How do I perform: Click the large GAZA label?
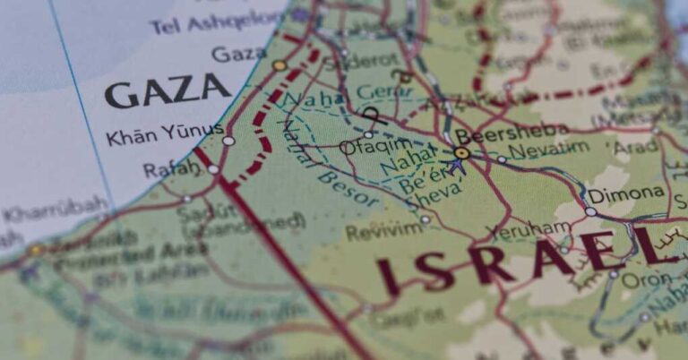(x=168, y=90)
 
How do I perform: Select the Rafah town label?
(x=171, y=167)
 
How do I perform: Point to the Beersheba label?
(x=512, y=133)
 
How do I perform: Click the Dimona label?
(x=627, y=193)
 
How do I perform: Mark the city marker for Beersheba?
(x=462, y=153)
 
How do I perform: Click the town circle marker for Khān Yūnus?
(x=228, y=141)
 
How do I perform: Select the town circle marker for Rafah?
(x=213, y=168)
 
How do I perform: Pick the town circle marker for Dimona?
(x=590, y=211)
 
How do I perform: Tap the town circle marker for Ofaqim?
(x=367, y=134)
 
